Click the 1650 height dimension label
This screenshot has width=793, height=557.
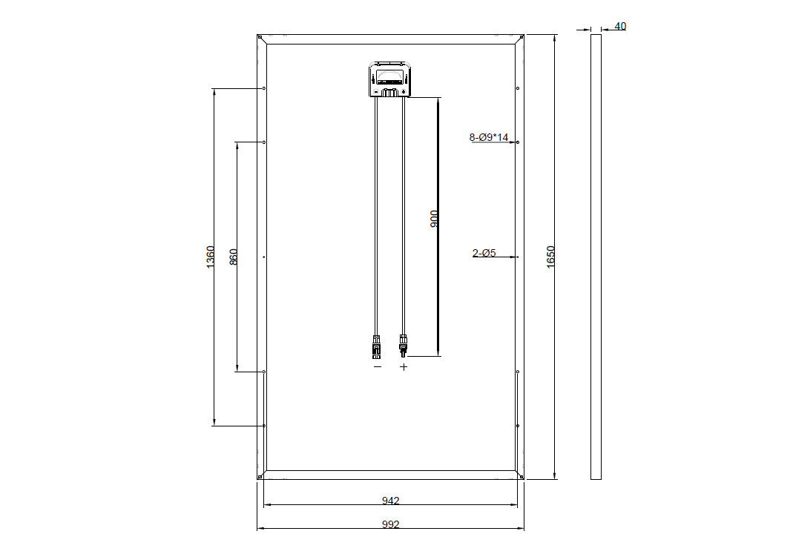(x=550, y=257)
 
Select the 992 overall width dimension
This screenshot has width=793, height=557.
(x=390, y=524)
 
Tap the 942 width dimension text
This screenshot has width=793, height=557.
(x=390, y=501)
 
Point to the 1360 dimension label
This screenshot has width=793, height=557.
(x=211, y=257)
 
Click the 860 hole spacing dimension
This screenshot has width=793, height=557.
(x=233, y=257)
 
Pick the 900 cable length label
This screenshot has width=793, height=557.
(x=434, y=219)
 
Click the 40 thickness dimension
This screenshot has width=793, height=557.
(x=620, y=26)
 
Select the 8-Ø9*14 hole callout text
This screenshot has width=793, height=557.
(x=489, y=137)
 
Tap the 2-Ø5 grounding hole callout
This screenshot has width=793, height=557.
(x=484, y=253)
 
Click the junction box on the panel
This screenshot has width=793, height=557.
(x=389, y=79)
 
